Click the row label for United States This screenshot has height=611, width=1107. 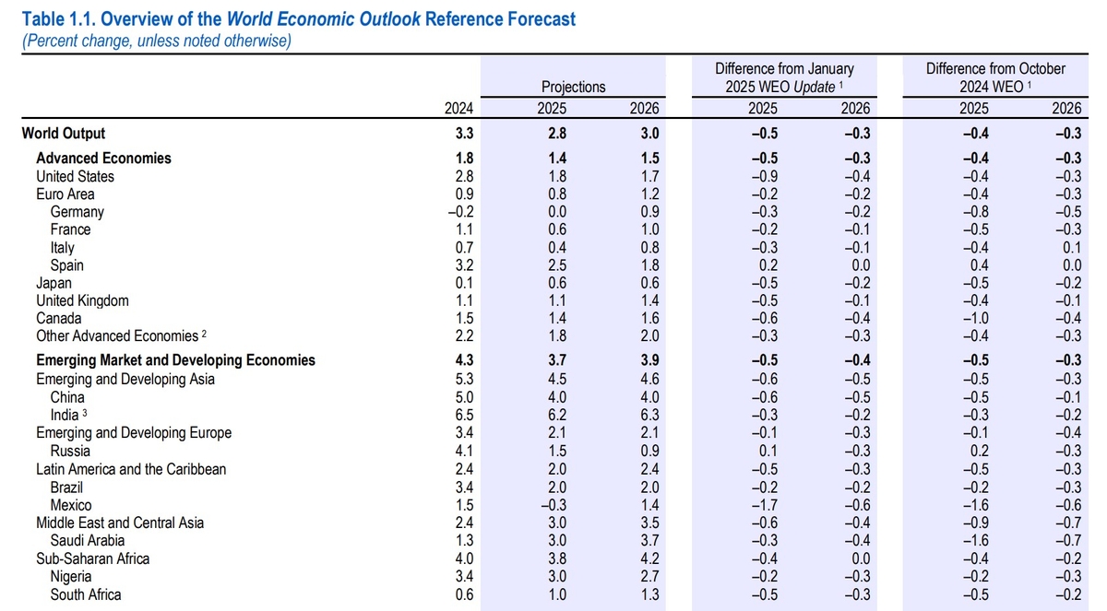(76, 176)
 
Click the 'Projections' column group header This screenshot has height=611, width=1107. (573, 87)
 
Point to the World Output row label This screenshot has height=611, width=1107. (64, 133)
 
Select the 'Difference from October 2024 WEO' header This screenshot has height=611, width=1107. (995, 77)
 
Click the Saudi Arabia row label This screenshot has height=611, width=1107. (88, 540)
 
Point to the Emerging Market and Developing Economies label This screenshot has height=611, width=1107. (175, 360)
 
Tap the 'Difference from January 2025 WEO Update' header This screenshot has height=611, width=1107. (784, 77)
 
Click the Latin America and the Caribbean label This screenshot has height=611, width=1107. (131, 469)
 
